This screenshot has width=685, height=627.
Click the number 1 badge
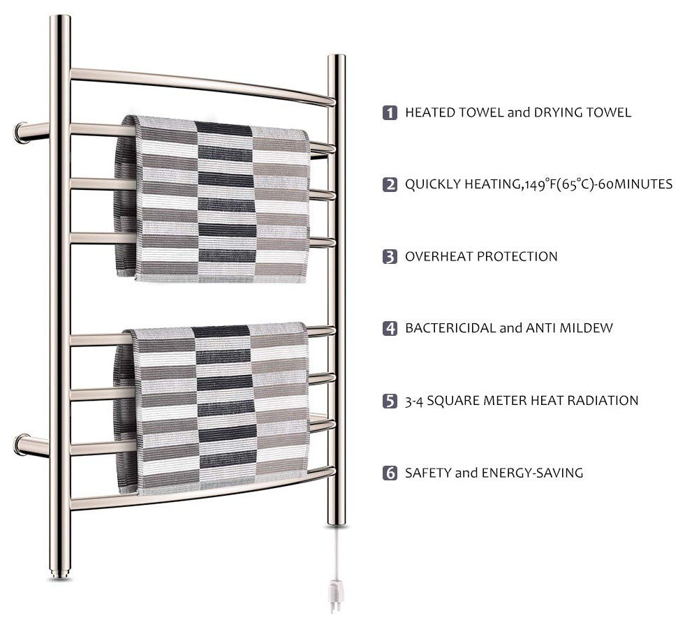(390, 112)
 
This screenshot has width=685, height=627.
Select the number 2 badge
(390, 184)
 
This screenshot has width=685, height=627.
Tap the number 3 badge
(390, 256)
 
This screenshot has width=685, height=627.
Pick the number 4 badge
(390, 328)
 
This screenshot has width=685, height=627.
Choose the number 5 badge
(390, 401)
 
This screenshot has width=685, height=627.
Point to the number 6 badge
(390, 473)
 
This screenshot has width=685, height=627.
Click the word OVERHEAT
(438, 256)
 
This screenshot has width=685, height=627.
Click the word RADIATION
(603, 401)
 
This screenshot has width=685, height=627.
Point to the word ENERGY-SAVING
(532, 473)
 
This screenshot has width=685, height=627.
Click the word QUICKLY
(432, 184)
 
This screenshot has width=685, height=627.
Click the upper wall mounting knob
(20, 133)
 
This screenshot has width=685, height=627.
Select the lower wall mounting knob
(20, 445)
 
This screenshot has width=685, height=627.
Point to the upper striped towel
(212, 199)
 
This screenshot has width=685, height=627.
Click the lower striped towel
(212, 408)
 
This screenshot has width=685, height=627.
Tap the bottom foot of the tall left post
(59, 573)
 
